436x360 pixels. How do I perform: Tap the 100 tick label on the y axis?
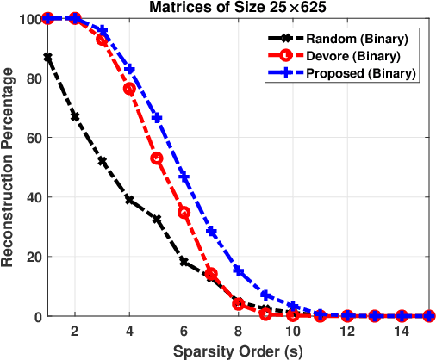pos(28,18)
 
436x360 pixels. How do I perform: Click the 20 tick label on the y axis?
pos(32,257)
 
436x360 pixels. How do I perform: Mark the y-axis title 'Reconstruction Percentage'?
pos(9,167)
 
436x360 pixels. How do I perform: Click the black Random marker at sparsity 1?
pos(47,57)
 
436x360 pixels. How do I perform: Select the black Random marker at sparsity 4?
pos(129,200)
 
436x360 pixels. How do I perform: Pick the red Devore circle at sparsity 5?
pos(157,158)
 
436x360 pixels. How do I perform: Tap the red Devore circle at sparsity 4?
pos(129,89)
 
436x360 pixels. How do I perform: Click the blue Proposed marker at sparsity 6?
pos(184,177)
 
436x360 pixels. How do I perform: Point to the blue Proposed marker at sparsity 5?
pos(157,118)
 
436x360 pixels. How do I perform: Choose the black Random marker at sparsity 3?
pos(102,161)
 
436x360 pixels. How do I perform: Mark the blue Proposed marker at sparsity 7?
pos(211,232)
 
